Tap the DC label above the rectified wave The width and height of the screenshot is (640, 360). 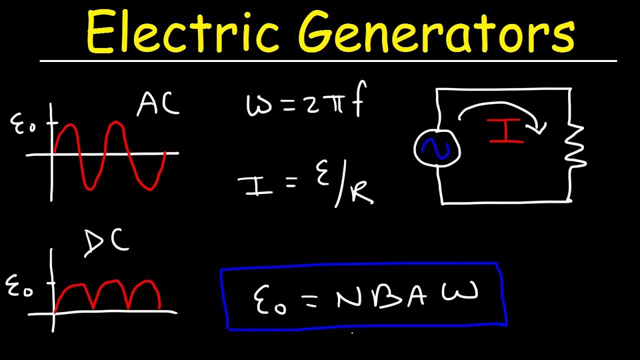point(106,243)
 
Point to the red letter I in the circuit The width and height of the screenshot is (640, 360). point(506,131)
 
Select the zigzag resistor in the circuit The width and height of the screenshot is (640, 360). point(574,145)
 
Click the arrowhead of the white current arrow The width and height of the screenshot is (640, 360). point(540,129)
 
